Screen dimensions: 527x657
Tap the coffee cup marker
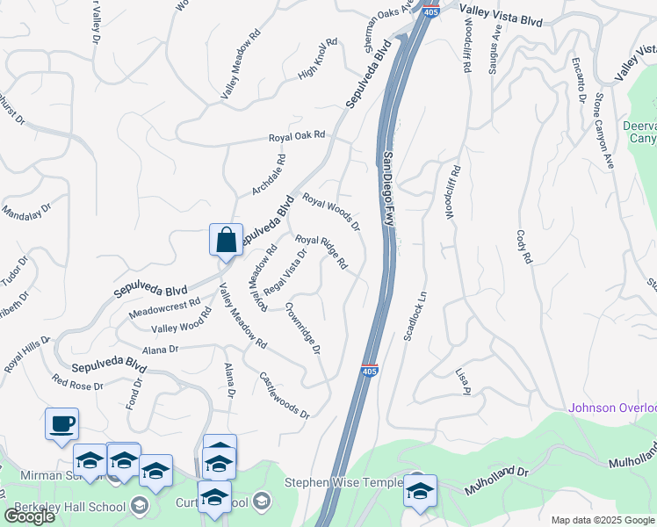click(61, 425)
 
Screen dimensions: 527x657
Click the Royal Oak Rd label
click(297, 137)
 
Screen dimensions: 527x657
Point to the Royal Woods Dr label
click(331, 213)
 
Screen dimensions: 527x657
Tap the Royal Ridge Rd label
click(321, 252)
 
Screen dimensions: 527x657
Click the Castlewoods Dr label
click(285, 395)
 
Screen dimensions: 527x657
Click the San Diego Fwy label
click(389, 191)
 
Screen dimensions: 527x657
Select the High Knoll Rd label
click(318, 59)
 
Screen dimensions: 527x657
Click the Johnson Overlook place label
click(612, 408)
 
